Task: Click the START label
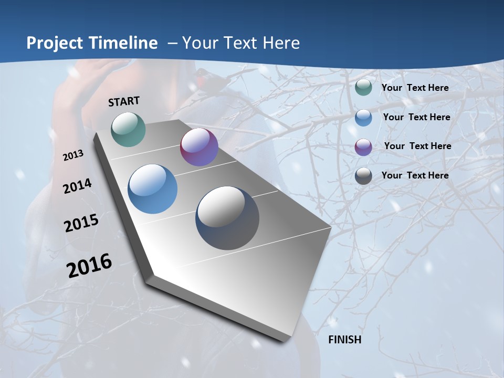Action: (124, 101)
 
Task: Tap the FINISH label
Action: (344, 340)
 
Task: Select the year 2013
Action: (73, 155)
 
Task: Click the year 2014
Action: (78, 186)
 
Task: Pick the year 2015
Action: (81, 223)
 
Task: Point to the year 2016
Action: (89, 265)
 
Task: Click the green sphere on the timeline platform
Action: (129, 129)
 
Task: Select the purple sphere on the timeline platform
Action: (199, 147)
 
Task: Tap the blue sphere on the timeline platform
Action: (153, 189)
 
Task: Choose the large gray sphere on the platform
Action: (227, 218)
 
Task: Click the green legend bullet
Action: (363, 88)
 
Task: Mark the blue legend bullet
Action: (363, 118)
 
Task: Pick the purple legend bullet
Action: (363, 146)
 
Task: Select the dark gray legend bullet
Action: (363, 176)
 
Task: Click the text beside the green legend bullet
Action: (415, 88)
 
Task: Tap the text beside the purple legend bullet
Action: (417, 146)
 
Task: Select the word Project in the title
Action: (52, 43)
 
